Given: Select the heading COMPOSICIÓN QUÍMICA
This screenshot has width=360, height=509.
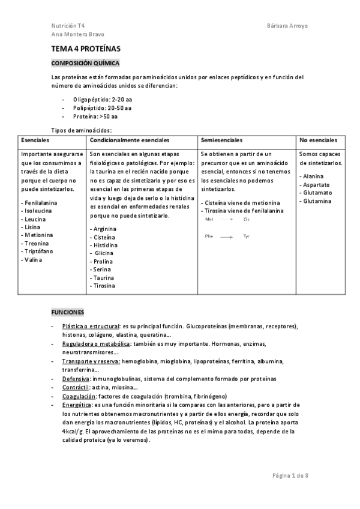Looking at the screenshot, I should pyautogui.click(x=85, y=63).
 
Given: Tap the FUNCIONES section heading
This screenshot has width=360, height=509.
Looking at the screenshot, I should pyautogui.click(x=68, y=313).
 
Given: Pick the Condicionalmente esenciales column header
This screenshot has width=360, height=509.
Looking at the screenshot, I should pyautogui.click(x=125, y=140).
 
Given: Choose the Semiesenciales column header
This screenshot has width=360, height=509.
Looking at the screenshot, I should pyautogui.click(x=222, y=140).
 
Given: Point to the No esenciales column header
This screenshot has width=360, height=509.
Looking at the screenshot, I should pyautogui.click(x=318, y=140).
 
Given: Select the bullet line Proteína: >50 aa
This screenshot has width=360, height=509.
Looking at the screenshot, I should pyautogui.click(x=95, y=116).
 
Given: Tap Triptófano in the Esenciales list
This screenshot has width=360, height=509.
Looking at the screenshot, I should pyautogui.click(x=37, y=252).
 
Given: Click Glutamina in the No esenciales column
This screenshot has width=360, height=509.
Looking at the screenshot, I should pyautogui.click(x=317, y=201).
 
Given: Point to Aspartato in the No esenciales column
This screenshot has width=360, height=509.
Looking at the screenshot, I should pyautogui.click(x=316, y=184).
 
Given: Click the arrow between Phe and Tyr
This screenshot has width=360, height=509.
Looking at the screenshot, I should pyautogui.click(x=226, y=237).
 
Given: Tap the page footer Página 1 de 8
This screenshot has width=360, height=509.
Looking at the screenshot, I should pyautogui.click(x=290, y=475).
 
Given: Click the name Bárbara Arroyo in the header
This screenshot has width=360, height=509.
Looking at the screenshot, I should pyautogui.click(x=287, y=26).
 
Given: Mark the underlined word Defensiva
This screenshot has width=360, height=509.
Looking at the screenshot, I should pyautogui.click(x=76, y=379).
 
